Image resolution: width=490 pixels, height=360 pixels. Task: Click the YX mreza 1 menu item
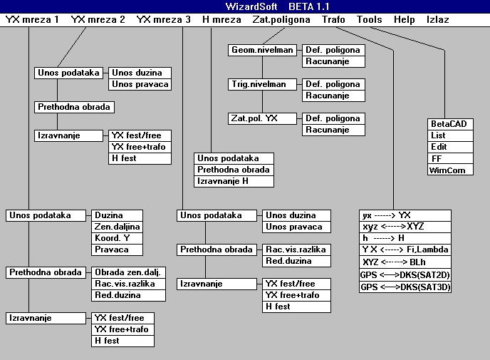coord(32,20)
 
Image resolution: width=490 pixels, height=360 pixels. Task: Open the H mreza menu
coord(221,20)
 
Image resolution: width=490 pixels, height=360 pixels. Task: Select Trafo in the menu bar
coord(333,20)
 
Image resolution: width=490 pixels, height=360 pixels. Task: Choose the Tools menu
coord(369,20)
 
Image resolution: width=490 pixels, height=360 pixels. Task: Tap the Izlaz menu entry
coord(437,20)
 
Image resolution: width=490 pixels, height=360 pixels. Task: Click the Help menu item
coord(404,20)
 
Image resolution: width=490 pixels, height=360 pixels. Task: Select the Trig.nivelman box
coord(257,84)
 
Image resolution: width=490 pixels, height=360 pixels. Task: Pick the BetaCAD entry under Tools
coord(450,124)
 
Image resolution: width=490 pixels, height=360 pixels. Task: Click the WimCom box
coord(450,170)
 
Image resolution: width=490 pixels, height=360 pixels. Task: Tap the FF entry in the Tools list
coord(450,158)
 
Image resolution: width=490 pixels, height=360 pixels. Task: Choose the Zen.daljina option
coord(118,227)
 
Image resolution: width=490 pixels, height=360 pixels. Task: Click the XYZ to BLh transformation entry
coord(405,262)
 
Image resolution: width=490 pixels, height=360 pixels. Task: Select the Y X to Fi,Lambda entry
coord(405,250)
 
